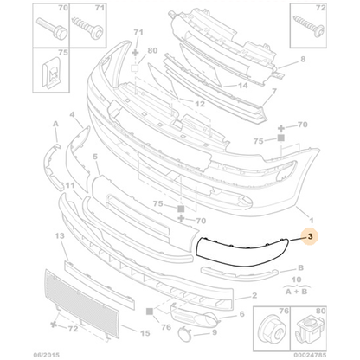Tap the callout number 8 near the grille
coord(304,60)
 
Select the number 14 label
coord(243,86)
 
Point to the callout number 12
coord(200,104)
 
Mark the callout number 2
coord(254,295)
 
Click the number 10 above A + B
coord(299,280)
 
